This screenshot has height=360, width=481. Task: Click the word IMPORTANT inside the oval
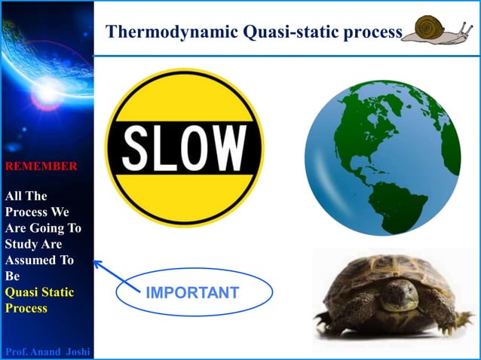click(191, 292)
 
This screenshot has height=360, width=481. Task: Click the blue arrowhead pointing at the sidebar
click(97, 263)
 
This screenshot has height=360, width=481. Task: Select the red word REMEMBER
click(41, 166)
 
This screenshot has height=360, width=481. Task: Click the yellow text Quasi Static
click(39, 291)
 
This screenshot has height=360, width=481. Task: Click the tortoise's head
click(399, 294)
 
